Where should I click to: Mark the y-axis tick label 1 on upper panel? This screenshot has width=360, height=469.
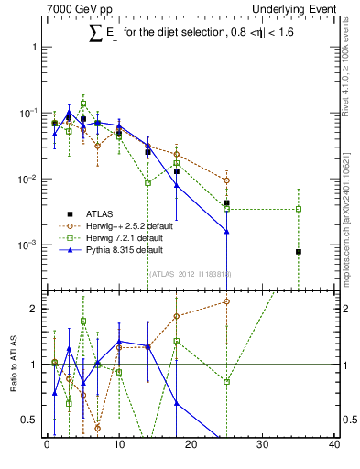click(x=33, y=46)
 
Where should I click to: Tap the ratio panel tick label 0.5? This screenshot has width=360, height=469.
click(x=29, y=420)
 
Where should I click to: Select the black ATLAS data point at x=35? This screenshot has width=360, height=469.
click(x=299, y=251)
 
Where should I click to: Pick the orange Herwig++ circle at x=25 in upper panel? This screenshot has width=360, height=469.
click(x=226, y=180)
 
